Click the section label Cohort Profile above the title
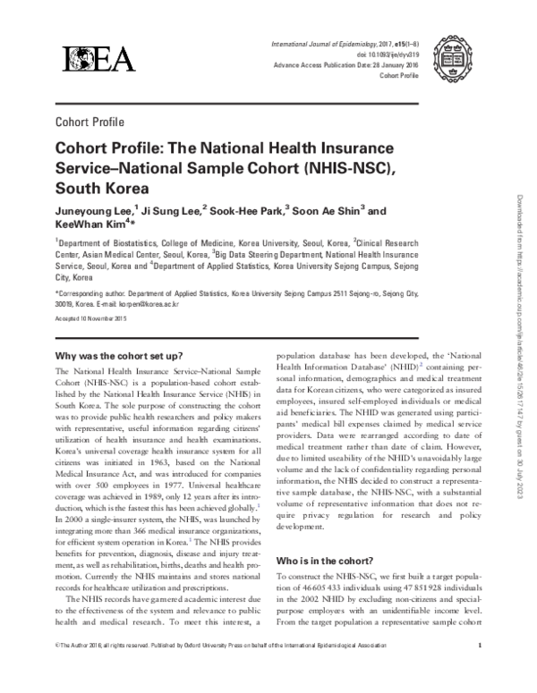pyautogui.click(x=89, y=123)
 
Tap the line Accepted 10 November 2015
pyautogui.click(x=98, y=319)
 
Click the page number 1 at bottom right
pyautogui.click(x=481, y=669)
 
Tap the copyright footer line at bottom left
pyautogui.click(x=219, y=669)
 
